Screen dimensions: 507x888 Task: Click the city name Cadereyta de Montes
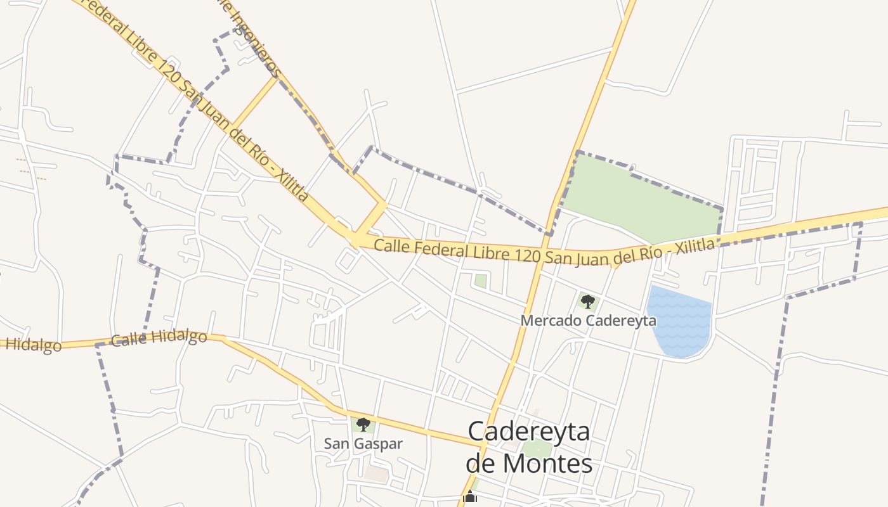click(529, 447)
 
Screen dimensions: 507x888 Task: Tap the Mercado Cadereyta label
click(588, 321)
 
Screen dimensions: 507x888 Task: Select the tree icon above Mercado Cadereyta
click(588, 300)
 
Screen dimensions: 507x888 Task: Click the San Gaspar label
click(363, 444)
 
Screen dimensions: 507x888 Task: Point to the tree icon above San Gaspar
click(363, 424)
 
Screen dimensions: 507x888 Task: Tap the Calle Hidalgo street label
click(159, 338)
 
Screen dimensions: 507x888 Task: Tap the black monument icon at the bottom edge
click(469, 497)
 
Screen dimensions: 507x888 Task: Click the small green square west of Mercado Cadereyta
click(481, 281)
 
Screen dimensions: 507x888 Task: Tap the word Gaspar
click(382, 444)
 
